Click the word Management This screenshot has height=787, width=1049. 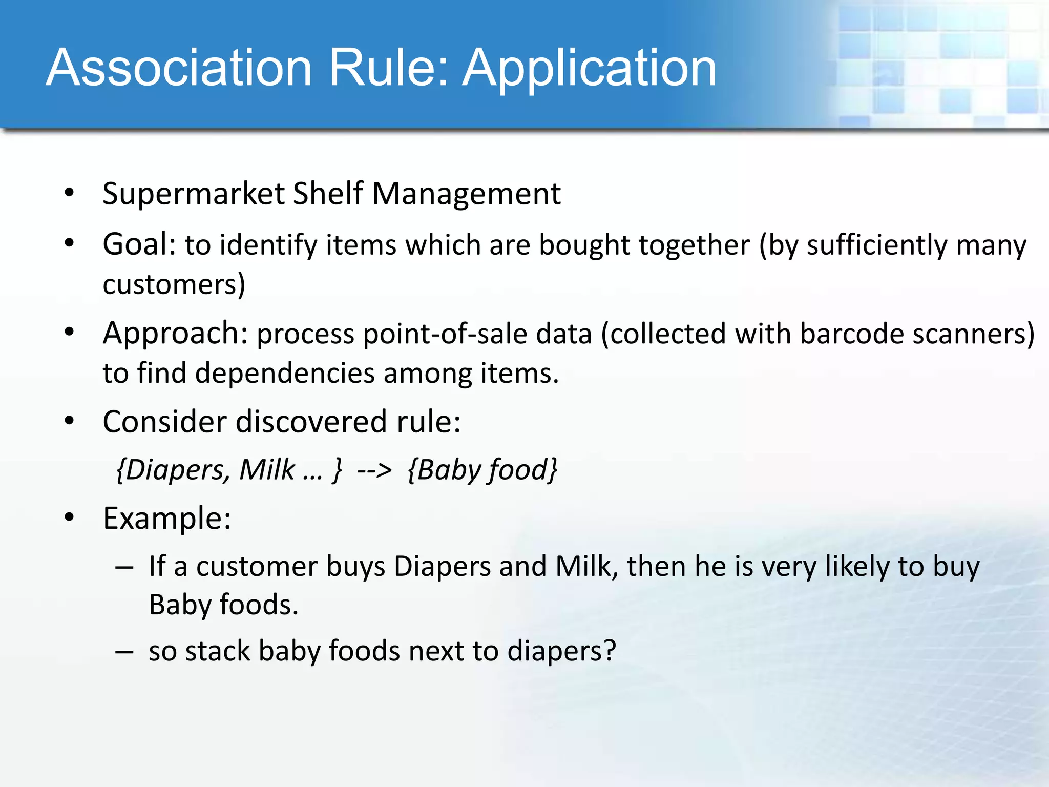466,194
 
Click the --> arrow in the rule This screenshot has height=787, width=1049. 374,470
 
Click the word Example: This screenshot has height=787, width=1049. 167,518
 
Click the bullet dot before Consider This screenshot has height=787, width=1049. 70,421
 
